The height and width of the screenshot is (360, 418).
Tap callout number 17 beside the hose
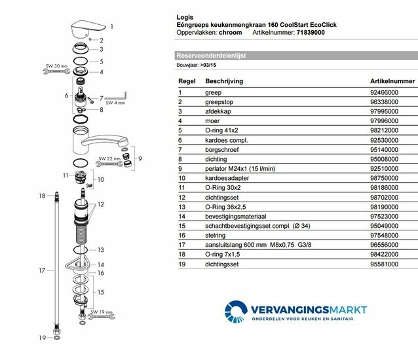tap(41, 270)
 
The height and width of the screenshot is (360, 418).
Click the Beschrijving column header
tap(225, 81)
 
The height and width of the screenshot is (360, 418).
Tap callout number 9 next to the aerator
tap(140, 159)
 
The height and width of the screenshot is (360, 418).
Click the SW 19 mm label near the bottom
tap(101, 312)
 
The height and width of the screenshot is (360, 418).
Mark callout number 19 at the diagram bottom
tap(41, 339)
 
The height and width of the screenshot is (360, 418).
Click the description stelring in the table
tap(216, 234)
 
